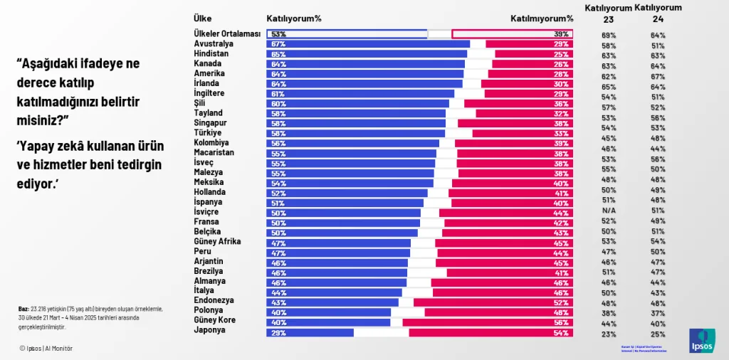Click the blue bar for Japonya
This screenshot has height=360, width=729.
click(310, 332)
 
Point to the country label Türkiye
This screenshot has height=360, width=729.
click(208, 133)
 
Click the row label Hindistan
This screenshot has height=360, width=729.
click(211, 54)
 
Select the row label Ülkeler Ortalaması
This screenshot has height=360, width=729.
click(227, 33)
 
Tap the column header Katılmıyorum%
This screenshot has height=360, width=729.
click(541, 18)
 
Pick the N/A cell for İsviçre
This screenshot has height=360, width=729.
click(609, 211)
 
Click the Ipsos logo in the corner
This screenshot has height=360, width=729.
click(702, 341)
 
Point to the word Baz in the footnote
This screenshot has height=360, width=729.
click(23, 309)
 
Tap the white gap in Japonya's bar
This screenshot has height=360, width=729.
click(381, 332)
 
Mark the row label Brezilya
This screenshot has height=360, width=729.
click(209, 272)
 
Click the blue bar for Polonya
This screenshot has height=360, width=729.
click(328, 312)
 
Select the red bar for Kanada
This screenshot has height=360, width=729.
click(531, 64)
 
